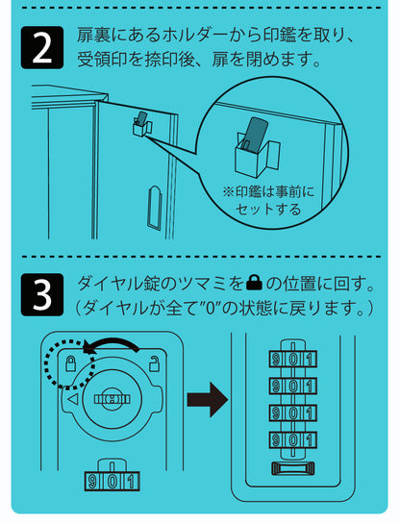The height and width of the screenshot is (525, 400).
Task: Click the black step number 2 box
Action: pos(42,47)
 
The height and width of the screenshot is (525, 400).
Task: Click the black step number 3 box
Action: pos(42,294)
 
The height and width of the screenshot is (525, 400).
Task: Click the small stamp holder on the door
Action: pos(142,125)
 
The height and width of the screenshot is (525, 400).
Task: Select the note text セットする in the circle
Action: pos(268,210)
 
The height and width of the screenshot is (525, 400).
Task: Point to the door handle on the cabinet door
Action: pos(154,208)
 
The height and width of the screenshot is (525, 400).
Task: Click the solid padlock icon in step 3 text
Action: pos(255,284)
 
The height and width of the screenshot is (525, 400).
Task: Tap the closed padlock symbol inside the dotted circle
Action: pos(70,363)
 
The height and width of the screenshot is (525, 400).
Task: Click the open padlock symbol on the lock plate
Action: pos(154,363)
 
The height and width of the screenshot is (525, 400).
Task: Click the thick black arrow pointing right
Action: pos(208,400)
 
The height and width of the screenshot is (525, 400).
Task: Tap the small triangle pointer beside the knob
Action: pos(73,399)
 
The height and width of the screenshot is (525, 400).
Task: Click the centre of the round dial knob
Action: pos(112,399)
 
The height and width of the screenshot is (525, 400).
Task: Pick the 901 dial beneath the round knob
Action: pos(112,481)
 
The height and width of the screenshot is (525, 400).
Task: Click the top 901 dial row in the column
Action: pos(293,359)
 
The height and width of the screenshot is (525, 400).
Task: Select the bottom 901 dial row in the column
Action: pos(293,439)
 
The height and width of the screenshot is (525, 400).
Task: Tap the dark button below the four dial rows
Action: pos(293,468)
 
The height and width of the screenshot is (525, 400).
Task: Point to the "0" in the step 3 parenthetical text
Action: pos(211,308)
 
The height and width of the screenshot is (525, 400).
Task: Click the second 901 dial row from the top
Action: pos(293,386)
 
